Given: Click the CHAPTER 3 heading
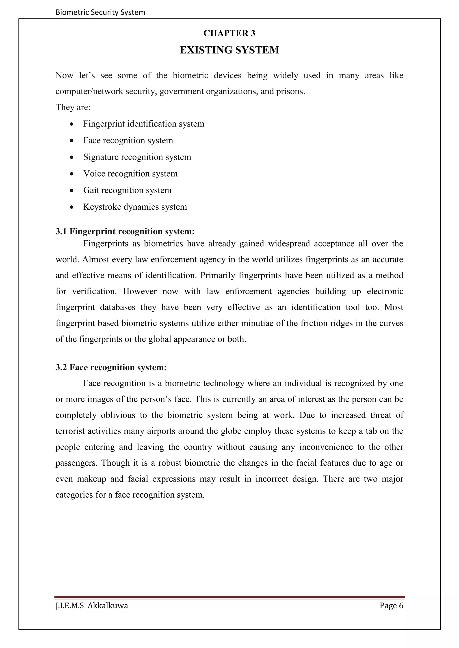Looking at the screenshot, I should coord(229,33).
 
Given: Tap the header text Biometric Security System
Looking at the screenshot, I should coord(100,12).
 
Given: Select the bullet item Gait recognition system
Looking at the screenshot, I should coord(127,190).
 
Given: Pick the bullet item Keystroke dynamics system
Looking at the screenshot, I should coord(135,207).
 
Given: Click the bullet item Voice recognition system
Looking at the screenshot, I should coord(130,174).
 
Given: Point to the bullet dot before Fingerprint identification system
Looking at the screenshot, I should coord(72,124).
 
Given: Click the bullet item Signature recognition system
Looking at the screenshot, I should coord(137,157).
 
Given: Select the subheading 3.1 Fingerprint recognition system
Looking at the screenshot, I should coord(125,231).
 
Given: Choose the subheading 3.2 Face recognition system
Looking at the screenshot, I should coord(111,367).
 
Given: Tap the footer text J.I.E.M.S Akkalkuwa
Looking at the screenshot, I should coord(92,606).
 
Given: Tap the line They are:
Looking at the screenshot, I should coord(73,108).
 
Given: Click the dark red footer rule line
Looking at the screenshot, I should coord(229,597).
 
